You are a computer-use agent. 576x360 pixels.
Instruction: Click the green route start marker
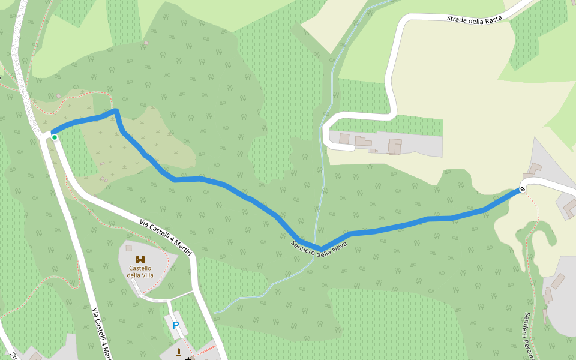pyautogui.click(x=54, y=137)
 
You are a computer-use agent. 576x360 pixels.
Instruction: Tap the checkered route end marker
pyautogui.click(x=523, y=190)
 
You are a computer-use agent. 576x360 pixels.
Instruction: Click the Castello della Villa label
pyautogui.click(x=140, y=271)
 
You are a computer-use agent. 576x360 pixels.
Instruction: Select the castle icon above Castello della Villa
pyautogui.click(x=140, y=259)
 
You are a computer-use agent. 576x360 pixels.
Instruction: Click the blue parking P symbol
pyautogui.click(x=176, y=326)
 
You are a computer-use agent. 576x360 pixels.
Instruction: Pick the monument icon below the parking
pyautogui.click(x=179, y=351)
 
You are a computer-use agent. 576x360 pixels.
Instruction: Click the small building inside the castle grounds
pyautogui.click(x=128, y=247)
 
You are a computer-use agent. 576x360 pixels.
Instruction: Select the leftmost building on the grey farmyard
pyautogui.click(x=344, y=139)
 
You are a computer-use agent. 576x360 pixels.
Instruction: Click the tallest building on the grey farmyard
pyautogui.click(x=395, y=146)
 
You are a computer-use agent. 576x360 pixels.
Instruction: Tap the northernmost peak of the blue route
pyautogui.click(x=115, y=111)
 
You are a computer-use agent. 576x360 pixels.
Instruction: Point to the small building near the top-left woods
pyautogui.click(x=146, y=43)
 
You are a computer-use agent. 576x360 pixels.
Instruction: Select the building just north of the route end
pyautogui.click(x=535, y=169)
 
